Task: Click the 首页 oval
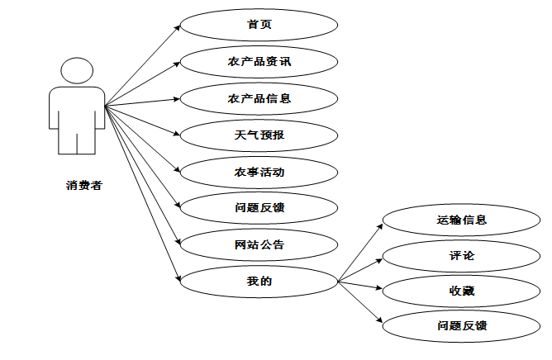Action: [259, 25]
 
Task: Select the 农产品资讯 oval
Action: [259, 62]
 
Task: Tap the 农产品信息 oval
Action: [259, 99]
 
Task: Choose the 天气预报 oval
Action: [259, 135]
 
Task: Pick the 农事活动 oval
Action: [259, 172]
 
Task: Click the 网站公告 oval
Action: [259, 245]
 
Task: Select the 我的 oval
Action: [259, 282]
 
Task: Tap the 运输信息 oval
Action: [461, 220]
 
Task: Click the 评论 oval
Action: [461, 256]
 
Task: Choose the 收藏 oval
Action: [461, 291]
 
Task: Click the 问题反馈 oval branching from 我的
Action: [461, 326]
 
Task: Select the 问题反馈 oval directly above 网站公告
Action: [259, 208]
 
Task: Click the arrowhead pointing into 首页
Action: [177, 26]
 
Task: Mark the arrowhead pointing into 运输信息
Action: [379, 223]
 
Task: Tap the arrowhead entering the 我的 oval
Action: [177, 281]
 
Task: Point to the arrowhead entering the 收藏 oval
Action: [379, 291]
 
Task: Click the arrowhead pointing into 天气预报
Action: [177, 135]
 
